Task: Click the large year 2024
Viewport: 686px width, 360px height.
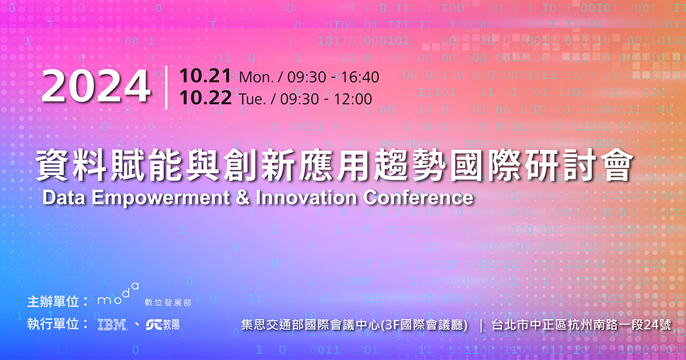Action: (96, 87)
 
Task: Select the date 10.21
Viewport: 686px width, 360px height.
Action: (205, 76)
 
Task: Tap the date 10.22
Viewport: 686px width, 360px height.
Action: (205, 98)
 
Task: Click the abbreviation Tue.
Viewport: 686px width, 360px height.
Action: (254, 100)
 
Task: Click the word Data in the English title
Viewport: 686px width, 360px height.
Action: (65, 198)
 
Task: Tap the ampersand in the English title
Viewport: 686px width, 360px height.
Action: (242, 198)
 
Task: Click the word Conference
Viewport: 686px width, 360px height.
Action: (418, 198)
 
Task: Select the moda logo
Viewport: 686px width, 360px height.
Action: (118, 295)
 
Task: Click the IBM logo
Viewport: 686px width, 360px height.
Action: (112, 324)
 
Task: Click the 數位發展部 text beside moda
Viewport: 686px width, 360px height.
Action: (168, 303)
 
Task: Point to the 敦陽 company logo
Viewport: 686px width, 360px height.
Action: (163, 324)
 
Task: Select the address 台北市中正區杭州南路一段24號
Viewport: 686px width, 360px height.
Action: (581, 325)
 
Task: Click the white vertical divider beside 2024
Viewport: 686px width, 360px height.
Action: (166, 87)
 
